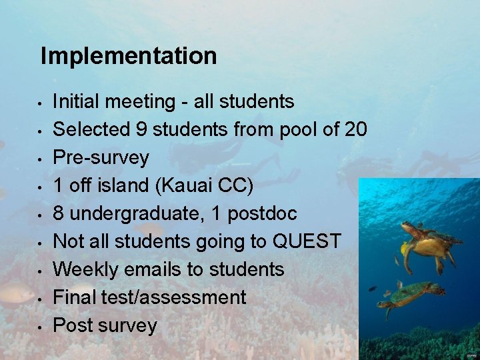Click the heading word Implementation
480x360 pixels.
[129, 56]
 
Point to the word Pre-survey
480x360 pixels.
[101, 158]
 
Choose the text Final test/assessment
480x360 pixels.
[149, 297]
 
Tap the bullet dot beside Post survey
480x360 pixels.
[41, 327]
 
